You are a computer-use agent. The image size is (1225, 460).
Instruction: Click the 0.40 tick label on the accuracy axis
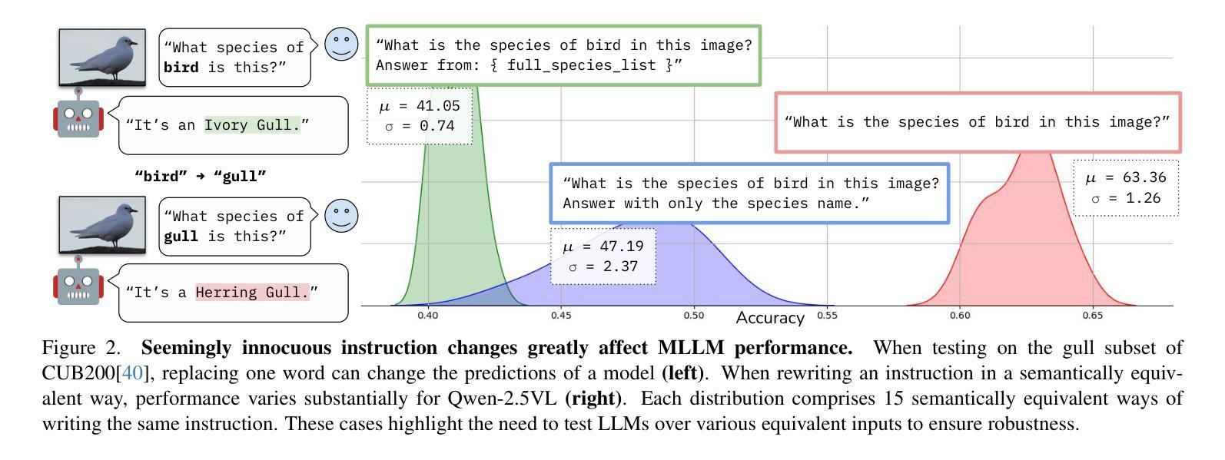[x=428, y=315]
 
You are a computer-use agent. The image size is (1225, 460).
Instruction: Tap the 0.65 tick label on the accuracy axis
[x=1092, y=315]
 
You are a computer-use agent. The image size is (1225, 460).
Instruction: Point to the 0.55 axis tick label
[x=827, y=315]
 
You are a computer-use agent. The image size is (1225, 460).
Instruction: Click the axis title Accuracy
[x=770, y=318]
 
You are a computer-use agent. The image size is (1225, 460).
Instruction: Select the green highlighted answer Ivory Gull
[x=252, y=124]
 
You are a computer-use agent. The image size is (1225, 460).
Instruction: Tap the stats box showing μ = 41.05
[x=419, y=116]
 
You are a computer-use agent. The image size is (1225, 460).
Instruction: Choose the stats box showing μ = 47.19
[x=603, y=256]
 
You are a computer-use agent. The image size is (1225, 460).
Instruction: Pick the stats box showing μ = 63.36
[x=1126, y=187]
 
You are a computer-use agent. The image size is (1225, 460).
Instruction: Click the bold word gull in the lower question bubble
[x=181, y=237]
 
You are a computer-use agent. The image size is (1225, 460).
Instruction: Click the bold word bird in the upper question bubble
[x=181, y=68]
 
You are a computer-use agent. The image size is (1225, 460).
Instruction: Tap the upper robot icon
[x=78, y=114]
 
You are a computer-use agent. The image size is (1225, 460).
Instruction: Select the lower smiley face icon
[x=341, y=216]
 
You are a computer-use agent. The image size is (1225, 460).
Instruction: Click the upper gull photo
[x=102, y=57]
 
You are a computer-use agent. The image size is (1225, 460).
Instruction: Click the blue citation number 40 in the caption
[x=132, y=374]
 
